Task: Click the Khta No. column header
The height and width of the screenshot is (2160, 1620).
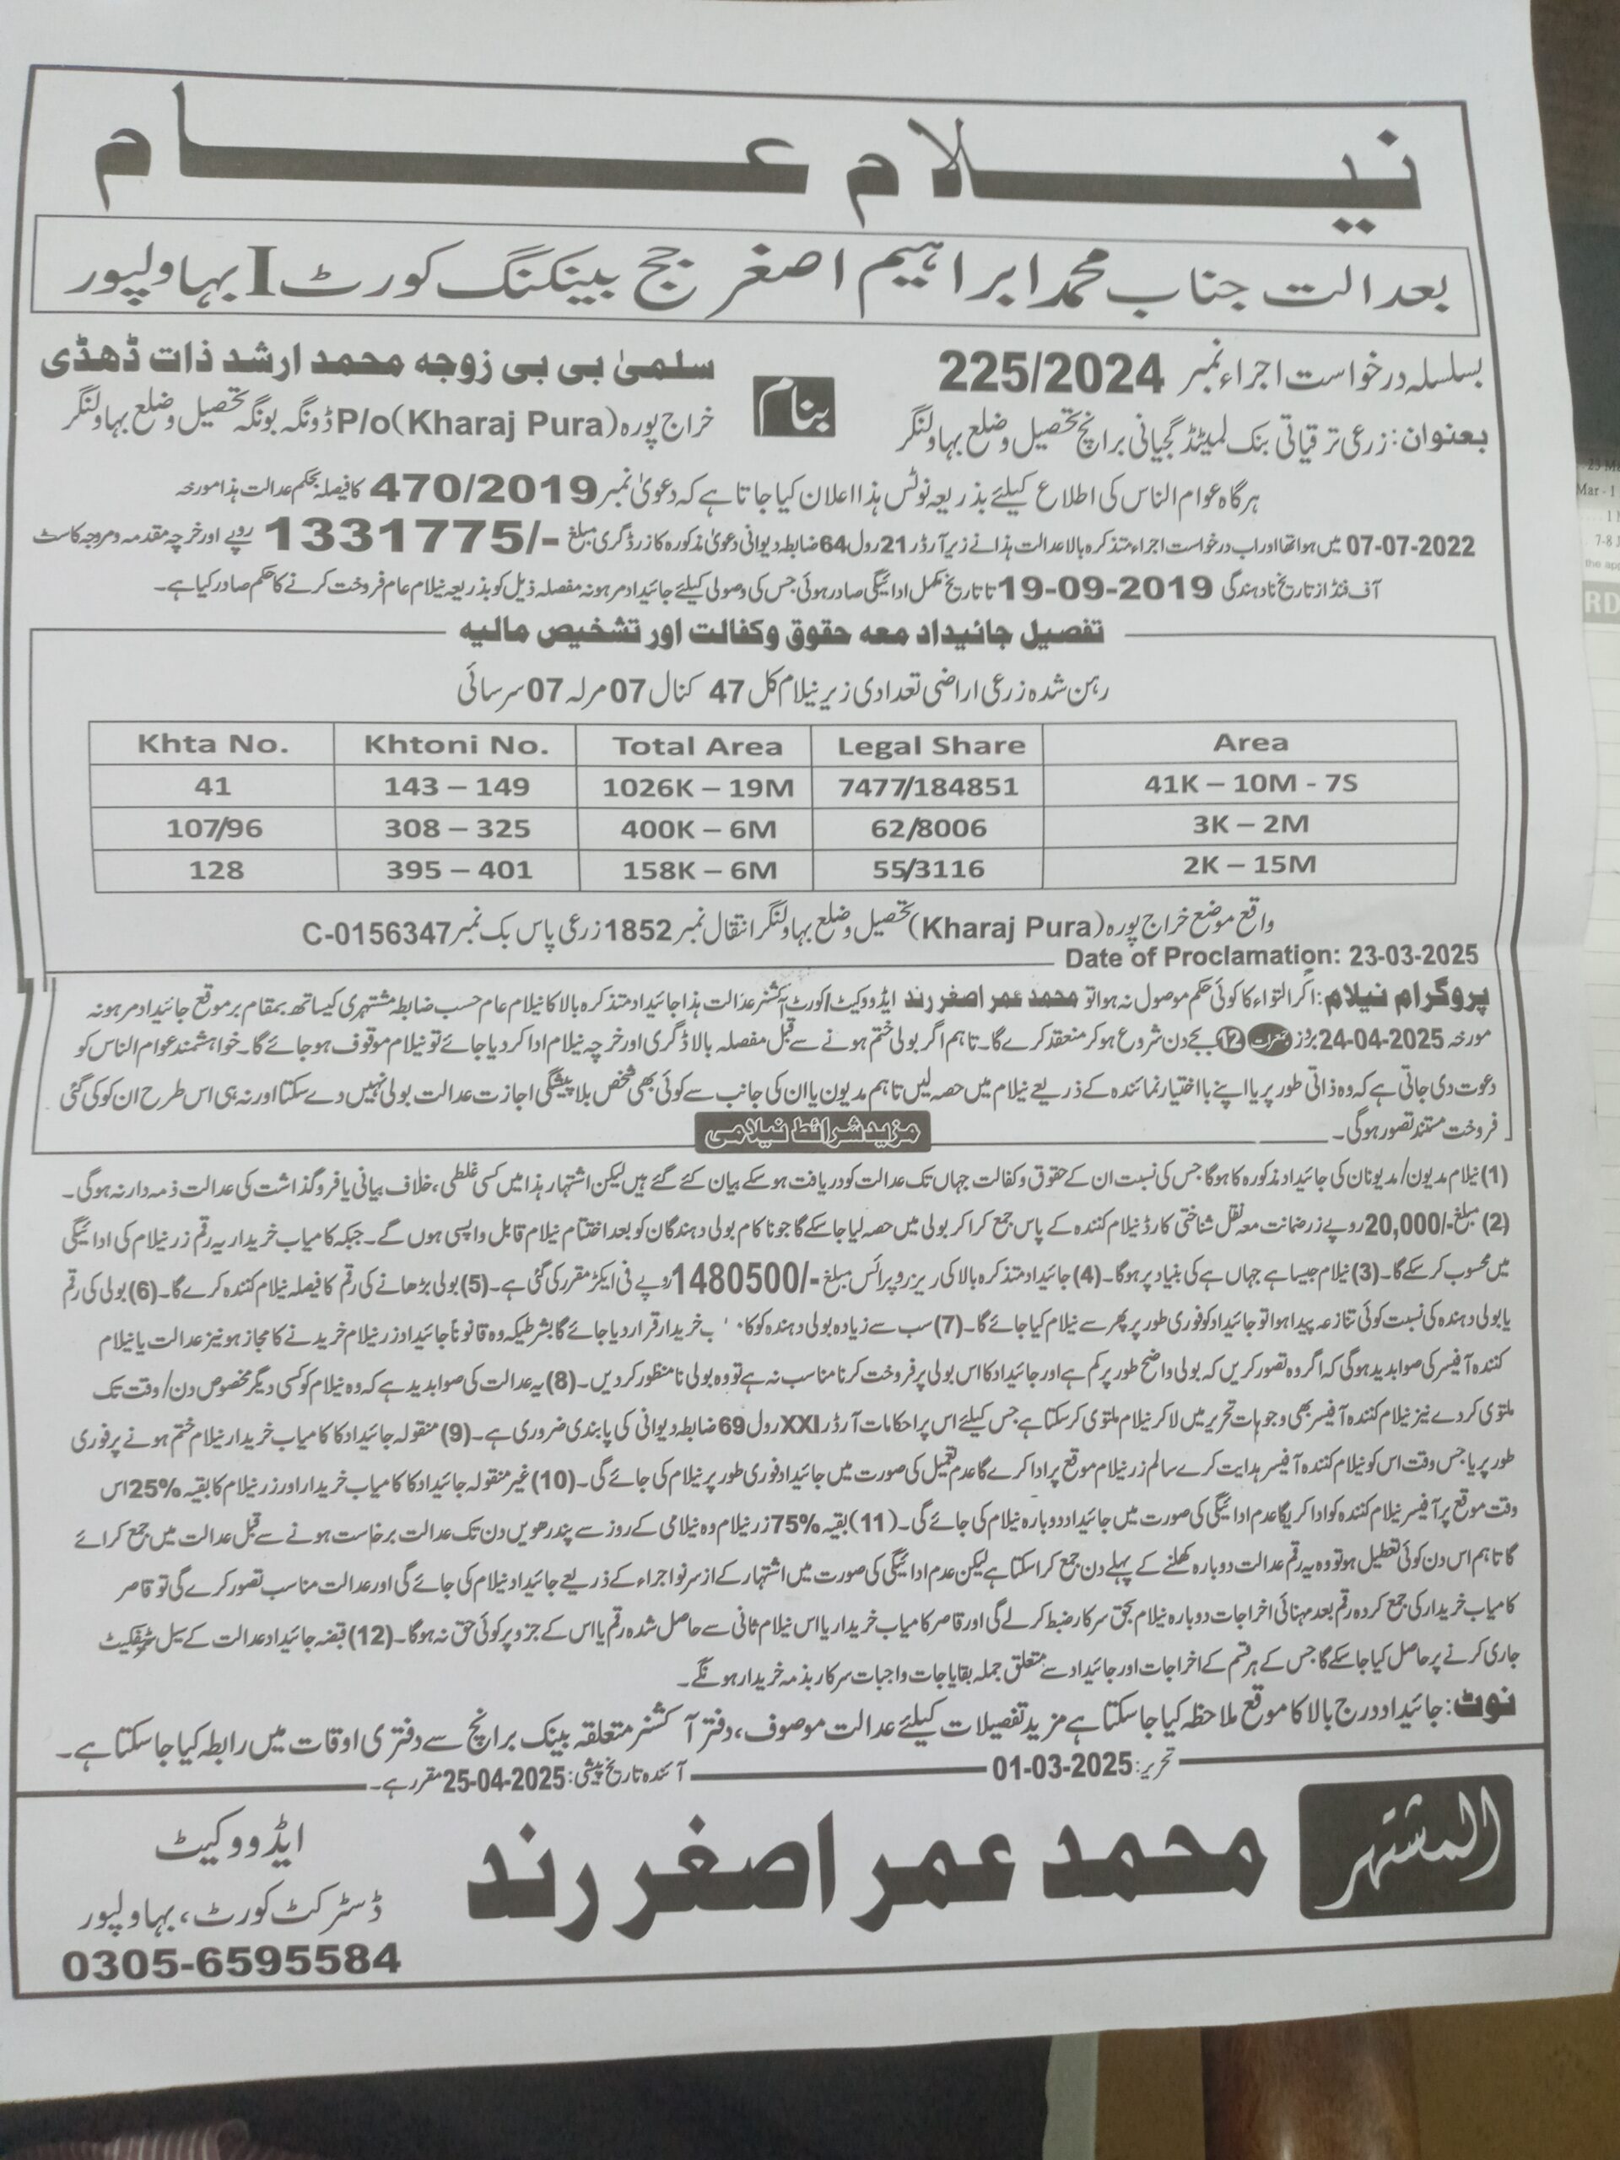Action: pos(212,745)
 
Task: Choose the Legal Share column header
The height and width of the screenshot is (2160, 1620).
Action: pos(932,746)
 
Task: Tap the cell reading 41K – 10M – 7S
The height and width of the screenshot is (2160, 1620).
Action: pos(1253,783)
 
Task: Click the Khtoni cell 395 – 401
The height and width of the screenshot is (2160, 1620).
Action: pos(454,868)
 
